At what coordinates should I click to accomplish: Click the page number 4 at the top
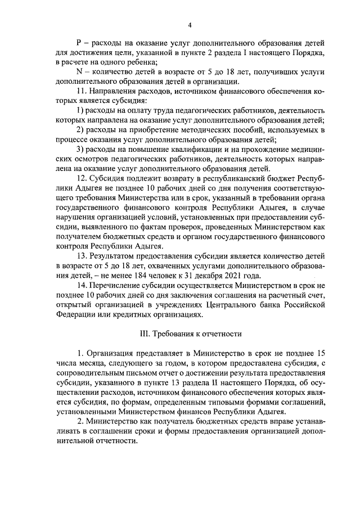pos(190,25)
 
